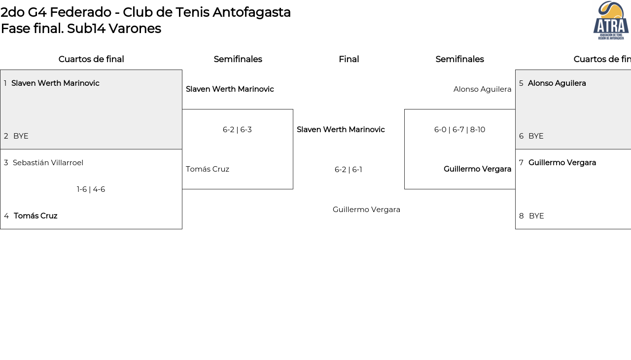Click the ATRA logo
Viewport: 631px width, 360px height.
tap(611, 20)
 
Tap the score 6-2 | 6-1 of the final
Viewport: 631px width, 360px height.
tap(349, 170)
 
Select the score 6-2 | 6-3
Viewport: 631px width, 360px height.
tap(237, 130)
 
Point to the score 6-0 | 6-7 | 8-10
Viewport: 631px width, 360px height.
tap(460, 130)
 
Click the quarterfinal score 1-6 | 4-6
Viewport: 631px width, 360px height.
tap(91, 189)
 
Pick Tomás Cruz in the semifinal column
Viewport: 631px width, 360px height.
tap(208, 169)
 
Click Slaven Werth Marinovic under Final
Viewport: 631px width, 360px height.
tap(341, 130)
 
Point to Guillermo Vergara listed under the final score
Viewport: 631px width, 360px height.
tap(366, 210)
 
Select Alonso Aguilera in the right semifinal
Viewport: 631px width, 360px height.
tap(482, 89)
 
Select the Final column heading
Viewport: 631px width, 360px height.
tap(349, 59)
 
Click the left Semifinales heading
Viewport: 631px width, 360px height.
tap(238, 59)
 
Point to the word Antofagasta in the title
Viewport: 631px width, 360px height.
tap(251, 13)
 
